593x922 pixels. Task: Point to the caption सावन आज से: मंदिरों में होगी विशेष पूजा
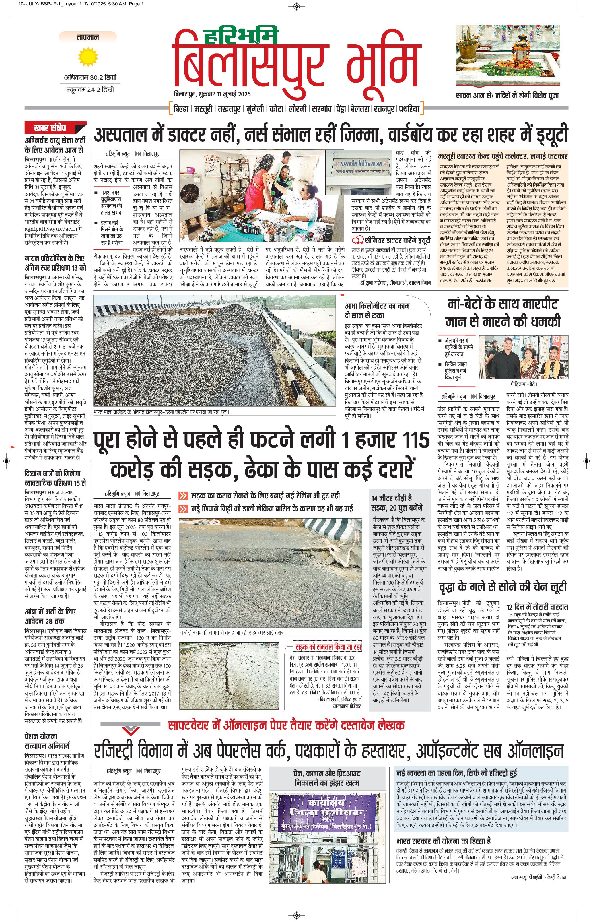coord(507,95)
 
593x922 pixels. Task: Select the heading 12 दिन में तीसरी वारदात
coord(537,607)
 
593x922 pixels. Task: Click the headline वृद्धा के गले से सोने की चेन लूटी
coord(503,587)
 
